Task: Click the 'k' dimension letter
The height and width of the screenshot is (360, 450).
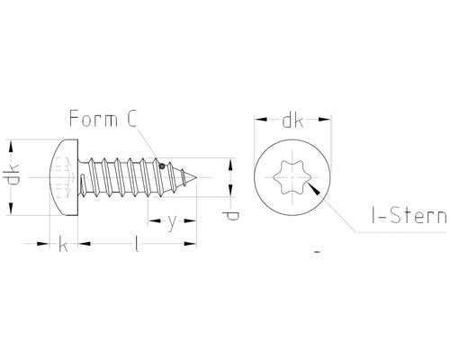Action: coord(62,244)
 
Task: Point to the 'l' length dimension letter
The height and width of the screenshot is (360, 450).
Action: coord(135,244)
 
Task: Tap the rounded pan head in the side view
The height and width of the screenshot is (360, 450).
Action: coord(62,177)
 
